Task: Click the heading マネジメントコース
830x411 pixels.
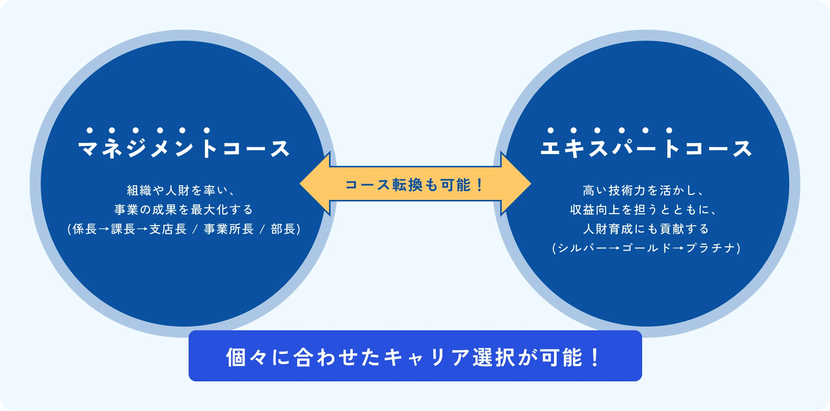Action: pos(184,149)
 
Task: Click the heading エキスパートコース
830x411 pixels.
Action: pos(646,149)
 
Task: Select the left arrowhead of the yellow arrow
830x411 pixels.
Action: pos(315,184)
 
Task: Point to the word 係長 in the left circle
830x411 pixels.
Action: pos(85,229)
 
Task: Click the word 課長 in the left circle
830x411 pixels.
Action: pos(123,229)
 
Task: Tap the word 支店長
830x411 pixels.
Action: pos(168,229)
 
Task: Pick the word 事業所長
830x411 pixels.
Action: pos(229,229)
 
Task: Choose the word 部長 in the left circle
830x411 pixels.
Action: pos(283,229)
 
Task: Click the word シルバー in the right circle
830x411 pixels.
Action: pos(582,248)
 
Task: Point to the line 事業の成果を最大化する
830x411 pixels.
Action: pos(184,210)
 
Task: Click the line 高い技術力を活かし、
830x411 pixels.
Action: pos(643,191)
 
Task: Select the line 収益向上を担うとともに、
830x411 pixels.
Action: pos(643,210)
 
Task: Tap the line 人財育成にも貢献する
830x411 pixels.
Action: pos(646,229)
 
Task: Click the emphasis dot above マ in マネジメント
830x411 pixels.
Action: pos(90,130)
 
